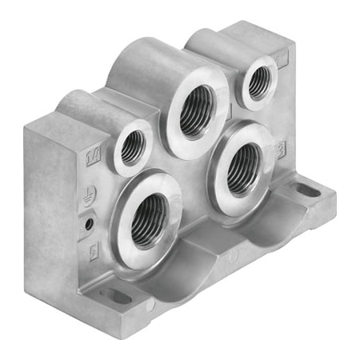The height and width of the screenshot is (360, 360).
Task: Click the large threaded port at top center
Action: click(x=197, y=111)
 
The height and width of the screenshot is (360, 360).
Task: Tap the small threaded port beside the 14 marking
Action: click(x=133, y=147)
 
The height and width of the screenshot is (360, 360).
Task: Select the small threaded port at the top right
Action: click(x=258, y=82)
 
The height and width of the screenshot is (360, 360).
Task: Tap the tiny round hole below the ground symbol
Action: click(x=90, y=222)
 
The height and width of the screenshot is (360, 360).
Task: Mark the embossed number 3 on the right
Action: click(x=282, y=147)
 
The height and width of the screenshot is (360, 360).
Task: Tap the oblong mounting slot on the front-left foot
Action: click(x=116, y=297)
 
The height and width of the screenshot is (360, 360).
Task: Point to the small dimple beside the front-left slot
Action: click(x=150, y=306)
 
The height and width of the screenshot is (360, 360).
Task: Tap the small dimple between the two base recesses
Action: click(x=232, y=258)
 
